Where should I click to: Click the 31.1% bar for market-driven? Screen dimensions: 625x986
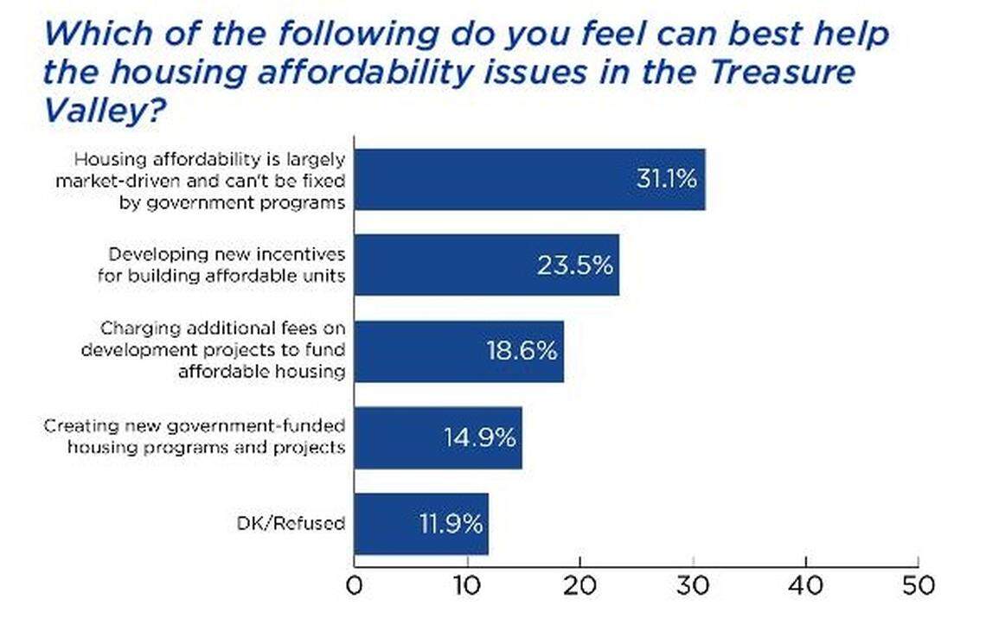pyautogui.click(x=529, y=179)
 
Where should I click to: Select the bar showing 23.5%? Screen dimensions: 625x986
pyautogui.click(x=486, y=265)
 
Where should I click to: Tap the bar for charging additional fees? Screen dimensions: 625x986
pyautogui.click(x=458, y=351)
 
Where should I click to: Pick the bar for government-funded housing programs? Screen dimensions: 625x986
pyautogui.click(x=438, y=437)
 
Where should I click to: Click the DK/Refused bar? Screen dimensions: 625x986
pyautogui.click(x=420, y=524)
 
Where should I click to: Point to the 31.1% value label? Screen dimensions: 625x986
pyautogui.click(x=666, y=179)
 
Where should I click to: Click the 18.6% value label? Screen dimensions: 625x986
pyautogui.click(x=522, y=352)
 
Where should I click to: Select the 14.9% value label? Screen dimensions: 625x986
pyautogui.click(x=480, y=437)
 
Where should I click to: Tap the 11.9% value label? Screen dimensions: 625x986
pyautogui.click(x=446, y=524)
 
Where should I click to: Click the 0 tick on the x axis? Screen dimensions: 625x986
pyautogui.click(x=355, y=586)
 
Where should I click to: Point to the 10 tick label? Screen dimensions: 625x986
pyautogui.click(x=467, y=586)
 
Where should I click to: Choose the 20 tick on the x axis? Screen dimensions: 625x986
pyautogui.click(x=579, y=586)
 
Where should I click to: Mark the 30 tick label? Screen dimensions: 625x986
pyautogui.click(x=693, y=586)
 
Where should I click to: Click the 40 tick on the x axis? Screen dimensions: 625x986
pyautogui.click(x=806, y=586)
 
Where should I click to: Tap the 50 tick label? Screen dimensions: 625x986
pyautogui.click(x=918, y=586)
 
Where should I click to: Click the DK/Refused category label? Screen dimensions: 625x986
pyautogui.click(x=291, y=524)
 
